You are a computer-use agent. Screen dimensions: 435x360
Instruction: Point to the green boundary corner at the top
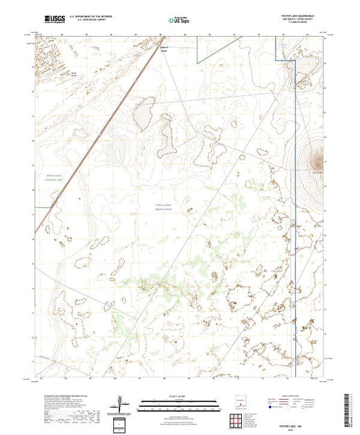click(197, 64)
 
